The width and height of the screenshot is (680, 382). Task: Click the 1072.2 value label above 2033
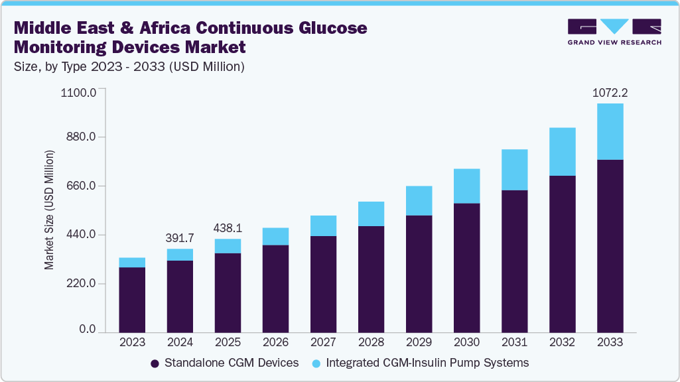click(610, 94)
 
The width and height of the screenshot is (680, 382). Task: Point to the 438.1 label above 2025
click(228, 227)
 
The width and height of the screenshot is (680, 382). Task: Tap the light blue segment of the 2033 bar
click(610, 131)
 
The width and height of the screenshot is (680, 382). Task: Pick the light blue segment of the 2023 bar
click(132, 263)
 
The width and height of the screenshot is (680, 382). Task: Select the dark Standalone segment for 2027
click(323, 284)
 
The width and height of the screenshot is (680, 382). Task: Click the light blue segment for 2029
click(419, 201)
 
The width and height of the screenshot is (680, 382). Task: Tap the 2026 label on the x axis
click(275, 342)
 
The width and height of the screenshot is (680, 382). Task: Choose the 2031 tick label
click(514, 342)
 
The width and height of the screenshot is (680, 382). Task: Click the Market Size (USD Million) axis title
click(49, 210)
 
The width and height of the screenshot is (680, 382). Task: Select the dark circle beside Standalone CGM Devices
click(155, 363)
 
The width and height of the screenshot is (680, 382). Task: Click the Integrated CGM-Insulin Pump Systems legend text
click(428, 363)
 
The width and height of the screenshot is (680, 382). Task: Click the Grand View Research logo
click(614, 32)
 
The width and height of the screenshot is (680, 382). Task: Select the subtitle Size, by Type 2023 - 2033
click(130, 66)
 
